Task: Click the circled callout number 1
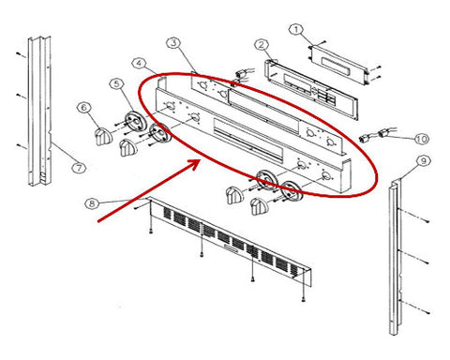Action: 296,30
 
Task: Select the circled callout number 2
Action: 262,45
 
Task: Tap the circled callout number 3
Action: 173,43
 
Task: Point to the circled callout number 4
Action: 139,64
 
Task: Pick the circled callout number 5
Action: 116,84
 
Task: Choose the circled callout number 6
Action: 83,108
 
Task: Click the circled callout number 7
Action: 79,168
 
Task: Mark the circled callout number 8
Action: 92,203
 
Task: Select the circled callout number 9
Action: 424,161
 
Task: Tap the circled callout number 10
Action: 422,139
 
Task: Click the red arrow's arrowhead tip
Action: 200,160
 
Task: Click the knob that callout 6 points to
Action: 103,137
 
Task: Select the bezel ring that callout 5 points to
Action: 136,121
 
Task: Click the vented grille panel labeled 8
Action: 230,241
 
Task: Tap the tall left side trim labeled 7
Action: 39,111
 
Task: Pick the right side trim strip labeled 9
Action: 394,257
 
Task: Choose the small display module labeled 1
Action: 337,65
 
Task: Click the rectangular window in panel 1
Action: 337,67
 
